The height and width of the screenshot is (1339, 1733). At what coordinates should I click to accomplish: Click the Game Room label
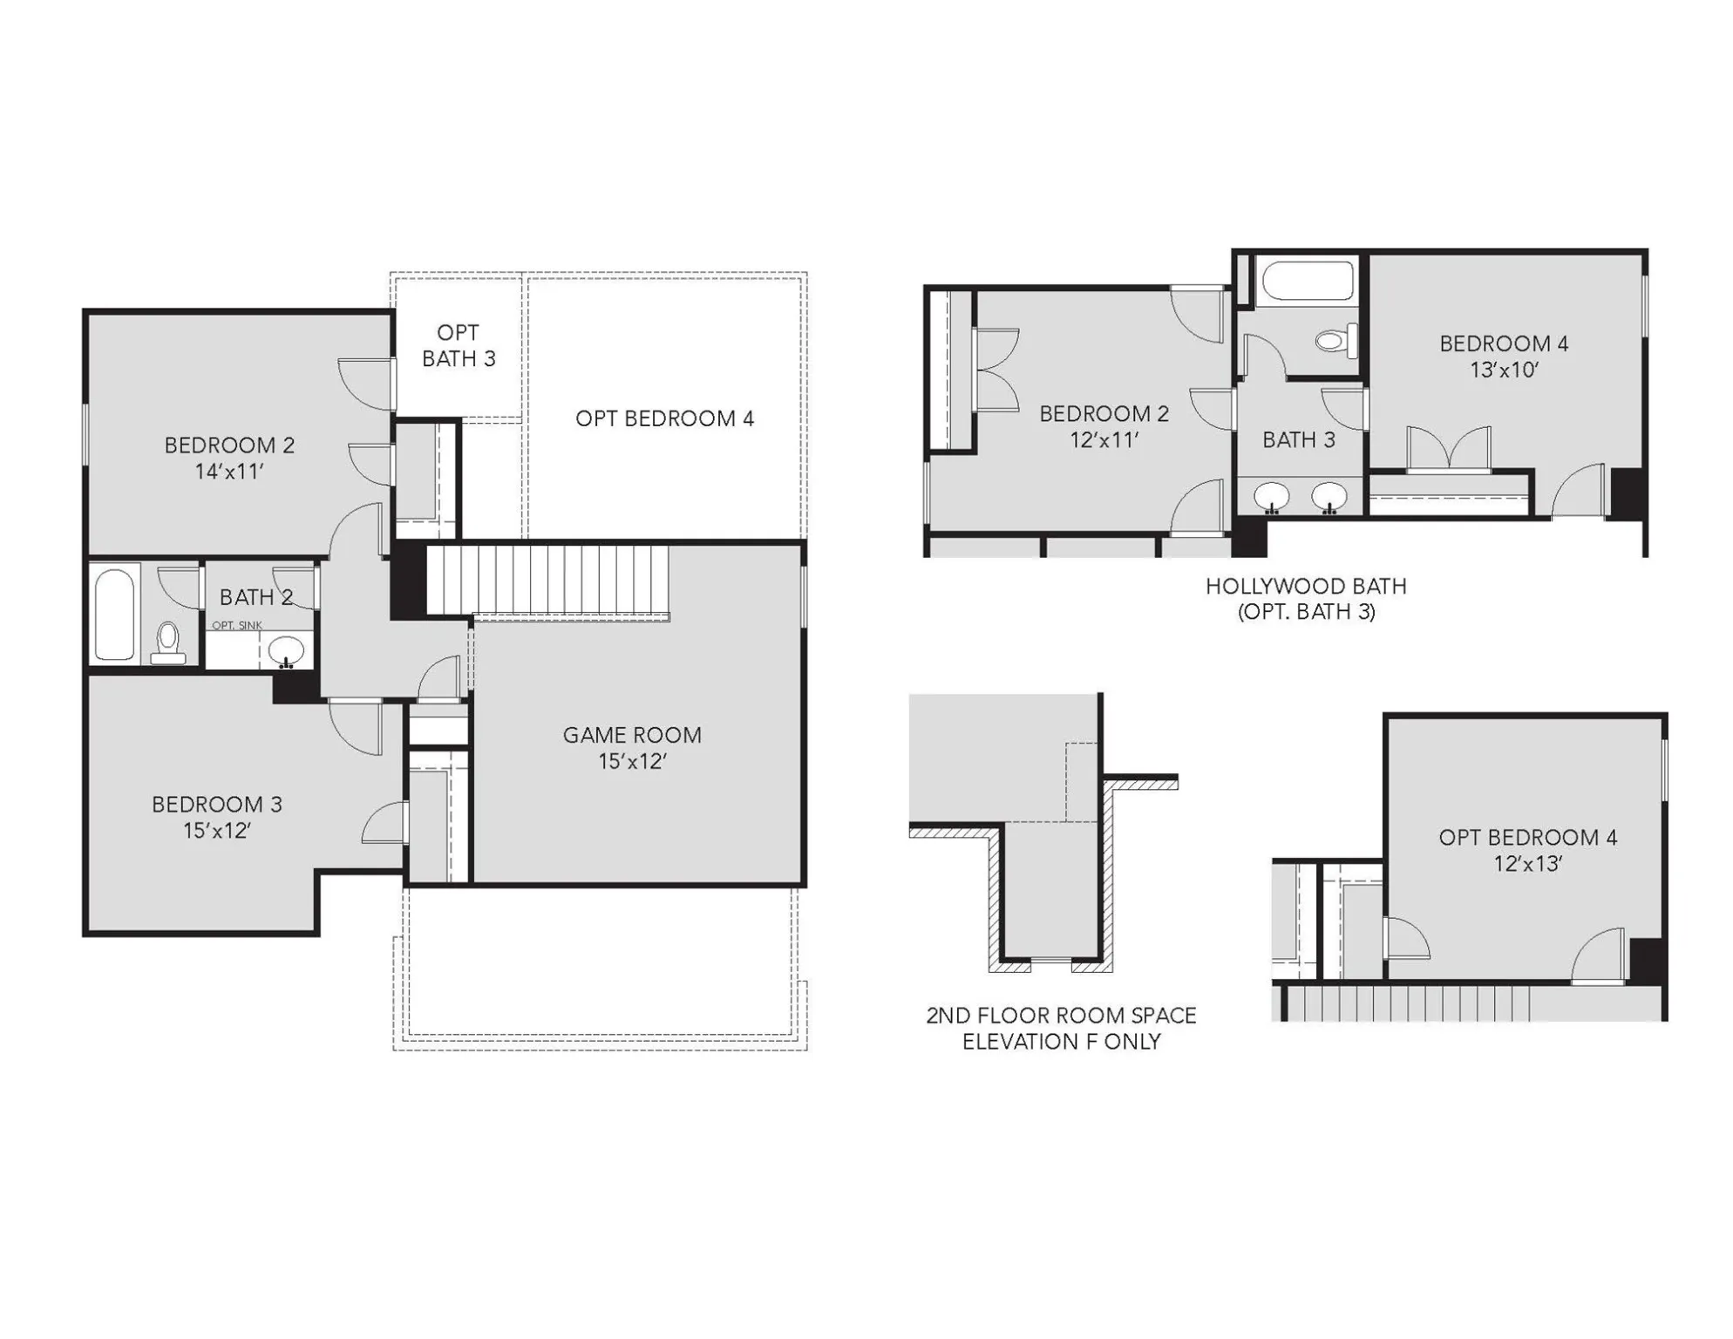632,735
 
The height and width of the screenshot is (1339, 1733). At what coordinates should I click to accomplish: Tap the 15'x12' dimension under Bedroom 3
216,831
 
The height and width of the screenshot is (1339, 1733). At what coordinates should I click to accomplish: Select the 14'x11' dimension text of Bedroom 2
229,472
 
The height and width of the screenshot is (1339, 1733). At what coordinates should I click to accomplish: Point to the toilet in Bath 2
167,643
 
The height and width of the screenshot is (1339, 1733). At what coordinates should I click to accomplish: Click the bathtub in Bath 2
114,614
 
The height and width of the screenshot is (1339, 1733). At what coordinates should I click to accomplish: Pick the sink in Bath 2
285,650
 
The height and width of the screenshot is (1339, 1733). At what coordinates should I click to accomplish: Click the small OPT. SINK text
237,625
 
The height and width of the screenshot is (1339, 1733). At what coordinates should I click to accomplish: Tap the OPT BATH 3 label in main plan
459,345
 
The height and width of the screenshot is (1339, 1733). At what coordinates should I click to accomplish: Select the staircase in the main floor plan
547,581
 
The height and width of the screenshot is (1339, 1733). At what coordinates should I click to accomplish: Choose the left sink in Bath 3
1272,497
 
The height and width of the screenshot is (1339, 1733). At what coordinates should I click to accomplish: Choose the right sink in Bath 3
1329,497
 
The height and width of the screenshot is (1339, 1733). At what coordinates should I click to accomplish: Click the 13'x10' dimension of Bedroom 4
1504,370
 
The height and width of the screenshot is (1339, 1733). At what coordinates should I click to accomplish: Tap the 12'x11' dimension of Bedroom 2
1104,440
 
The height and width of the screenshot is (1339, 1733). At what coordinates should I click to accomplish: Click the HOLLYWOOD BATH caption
1306,587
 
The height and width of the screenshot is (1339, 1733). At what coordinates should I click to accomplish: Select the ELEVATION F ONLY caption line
1061,1042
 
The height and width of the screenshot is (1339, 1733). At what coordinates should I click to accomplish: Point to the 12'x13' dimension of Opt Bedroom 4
1527,864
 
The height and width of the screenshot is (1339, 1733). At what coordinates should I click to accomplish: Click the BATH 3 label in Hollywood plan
1299,440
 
